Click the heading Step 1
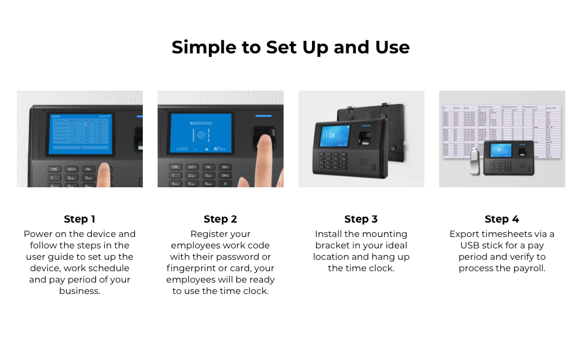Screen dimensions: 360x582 (x=80, y=219)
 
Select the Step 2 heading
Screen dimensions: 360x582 (x=220, y=219)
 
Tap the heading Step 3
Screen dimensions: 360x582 (x=361, y=219)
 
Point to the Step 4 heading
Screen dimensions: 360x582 (x=502, y=219)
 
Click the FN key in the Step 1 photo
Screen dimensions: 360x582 (x=88, y=169)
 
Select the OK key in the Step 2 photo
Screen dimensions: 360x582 (x=226, y=175)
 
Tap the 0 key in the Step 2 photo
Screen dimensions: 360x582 (x=226, y=184)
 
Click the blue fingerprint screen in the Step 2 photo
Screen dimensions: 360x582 (x=201, y=135)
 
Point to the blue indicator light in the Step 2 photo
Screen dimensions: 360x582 (x=263, y=116)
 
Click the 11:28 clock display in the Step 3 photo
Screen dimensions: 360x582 (x=329, y=135)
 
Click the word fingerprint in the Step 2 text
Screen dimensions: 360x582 (x=191, y=268)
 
